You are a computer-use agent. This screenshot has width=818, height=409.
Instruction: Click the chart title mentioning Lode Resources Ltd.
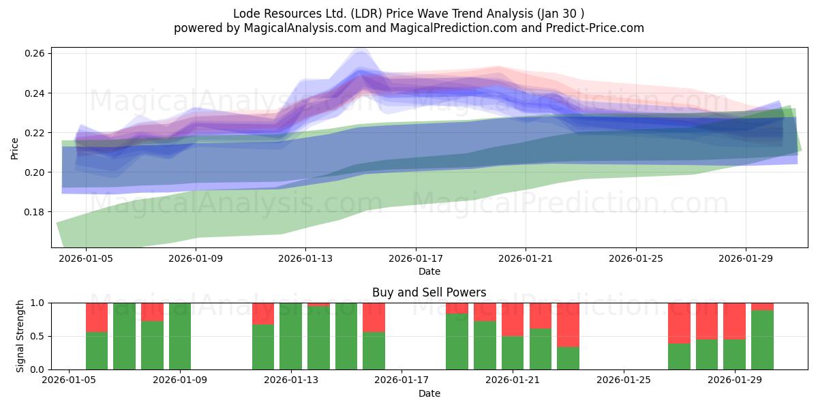point(408,14)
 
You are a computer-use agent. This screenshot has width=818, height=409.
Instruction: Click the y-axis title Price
point(14,147)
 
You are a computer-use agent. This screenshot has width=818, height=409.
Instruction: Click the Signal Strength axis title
point(20,335)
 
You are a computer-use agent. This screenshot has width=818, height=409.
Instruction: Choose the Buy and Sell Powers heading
point(429,292)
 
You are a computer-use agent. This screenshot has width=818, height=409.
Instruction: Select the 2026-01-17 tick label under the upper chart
point(415,258)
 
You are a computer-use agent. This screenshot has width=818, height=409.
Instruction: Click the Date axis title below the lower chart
point(429,393)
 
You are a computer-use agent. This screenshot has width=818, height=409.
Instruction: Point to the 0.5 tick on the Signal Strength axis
point(38,336)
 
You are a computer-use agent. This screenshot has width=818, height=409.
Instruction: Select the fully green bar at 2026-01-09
point(180,336)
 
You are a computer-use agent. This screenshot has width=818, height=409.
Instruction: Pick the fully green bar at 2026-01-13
point(290,336)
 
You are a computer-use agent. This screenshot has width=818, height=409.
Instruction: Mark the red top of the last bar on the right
point(762,307)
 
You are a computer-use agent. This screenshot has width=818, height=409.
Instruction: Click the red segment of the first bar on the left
point(97,317)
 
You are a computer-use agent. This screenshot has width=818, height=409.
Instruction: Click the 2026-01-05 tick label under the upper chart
point(85,258)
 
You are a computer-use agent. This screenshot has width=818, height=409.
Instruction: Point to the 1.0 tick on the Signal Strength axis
point(38,303)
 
